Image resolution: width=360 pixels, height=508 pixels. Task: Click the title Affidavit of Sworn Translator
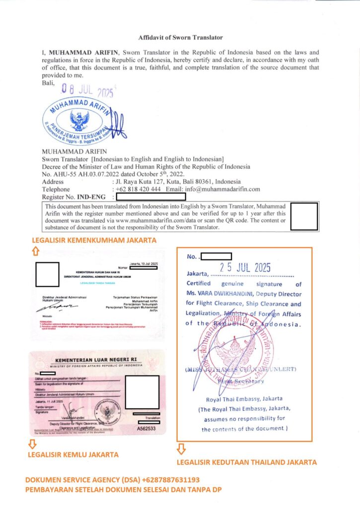coord(180,37)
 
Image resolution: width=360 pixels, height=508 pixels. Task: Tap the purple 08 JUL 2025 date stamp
coord(87,90)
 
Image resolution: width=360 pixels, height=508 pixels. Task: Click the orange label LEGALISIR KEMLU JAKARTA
coord(73,454)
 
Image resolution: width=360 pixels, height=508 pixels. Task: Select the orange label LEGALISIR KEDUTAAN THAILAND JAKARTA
coord(247,462)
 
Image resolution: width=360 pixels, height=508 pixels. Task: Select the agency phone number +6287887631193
coord(170,480)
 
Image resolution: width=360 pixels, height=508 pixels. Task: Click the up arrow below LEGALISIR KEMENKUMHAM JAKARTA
coord(35,252)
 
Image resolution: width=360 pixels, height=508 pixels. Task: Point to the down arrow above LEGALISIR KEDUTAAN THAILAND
coord(181,448)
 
